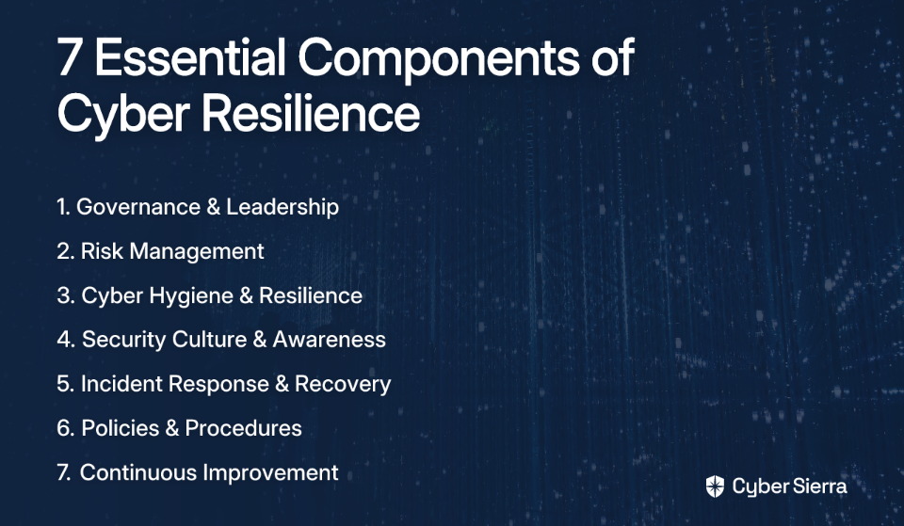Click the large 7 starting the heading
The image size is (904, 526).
point(69,57)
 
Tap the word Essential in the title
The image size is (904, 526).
point(190,56)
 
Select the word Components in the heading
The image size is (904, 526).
point(439,60)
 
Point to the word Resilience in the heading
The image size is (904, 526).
point(311,113)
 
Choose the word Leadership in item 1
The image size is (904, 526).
point(282,207)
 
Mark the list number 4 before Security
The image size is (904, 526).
point(65,340)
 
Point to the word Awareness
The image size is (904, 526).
point(329,340)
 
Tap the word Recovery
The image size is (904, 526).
point(343,385)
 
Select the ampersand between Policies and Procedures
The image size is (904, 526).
point(171,428)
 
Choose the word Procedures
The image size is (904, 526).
point(243,428)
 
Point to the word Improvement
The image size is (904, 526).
point(270,473)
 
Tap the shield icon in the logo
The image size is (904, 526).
point(715,486)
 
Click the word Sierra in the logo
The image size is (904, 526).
point(818,486)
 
